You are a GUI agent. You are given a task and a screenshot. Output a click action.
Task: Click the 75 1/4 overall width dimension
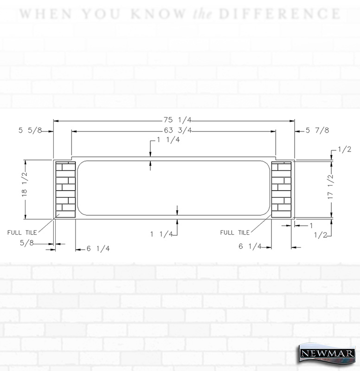(177, 120)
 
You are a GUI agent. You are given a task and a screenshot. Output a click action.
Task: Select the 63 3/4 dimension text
(178, 130)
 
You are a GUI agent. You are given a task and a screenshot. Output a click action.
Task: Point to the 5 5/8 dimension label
(30, 130)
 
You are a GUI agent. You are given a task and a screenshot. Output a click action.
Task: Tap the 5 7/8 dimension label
(317, 130)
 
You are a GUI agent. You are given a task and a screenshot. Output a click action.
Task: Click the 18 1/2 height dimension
(25, 185)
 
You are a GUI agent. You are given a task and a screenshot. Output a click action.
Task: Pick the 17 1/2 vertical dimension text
(331, 187)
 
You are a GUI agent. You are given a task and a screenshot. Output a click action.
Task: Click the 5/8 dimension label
(27, 243)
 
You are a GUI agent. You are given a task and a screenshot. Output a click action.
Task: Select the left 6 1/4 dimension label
(98, 249)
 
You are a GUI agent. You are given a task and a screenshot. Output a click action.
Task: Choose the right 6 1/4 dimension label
(250, 246)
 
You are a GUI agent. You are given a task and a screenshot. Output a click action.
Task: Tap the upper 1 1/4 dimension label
(168, 140)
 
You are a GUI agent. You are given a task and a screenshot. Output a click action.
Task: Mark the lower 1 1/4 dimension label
(161, 234)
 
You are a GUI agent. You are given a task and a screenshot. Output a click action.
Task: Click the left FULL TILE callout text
(22, 233)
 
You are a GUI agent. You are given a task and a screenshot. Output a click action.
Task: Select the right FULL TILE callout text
(235, 233)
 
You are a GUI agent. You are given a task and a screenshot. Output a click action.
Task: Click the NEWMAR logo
(327, 353)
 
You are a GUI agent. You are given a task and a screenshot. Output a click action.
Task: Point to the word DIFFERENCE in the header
(280, 14)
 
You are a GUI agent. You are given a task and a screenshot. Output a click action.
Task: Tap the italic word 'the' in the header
(202, 14)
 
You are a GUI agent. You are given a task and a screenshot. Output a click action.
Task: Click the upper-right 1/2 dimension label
(344, 149)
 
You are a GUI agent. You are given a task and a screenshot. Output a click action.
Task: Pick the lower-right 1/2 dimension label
(321, 235)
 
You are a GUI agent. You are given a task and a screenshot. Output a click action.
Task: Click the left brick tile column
(65, 190)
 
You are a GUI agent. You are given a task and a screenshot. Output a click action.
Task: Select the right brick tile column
(281, 190)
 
